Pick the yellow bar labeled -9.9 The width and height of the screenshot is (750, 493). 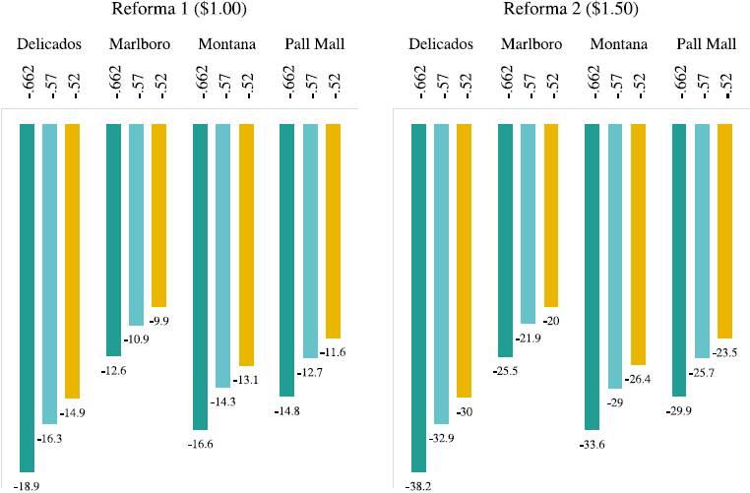(158, 216)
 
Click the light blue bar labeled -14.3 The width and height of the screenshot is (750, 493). (222, 256)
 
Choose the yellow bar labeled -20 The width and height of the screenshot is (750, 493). (551, 216)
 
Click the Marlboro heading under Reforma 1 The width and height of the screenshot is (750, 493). (136, 45)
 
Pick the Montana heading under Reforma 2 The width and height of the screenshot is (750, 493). (617, 45)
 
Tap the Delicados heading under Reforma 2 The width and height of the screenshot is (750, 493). (441, 45)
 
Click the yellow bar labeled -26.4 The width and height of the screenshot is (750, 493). (638, 245)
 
